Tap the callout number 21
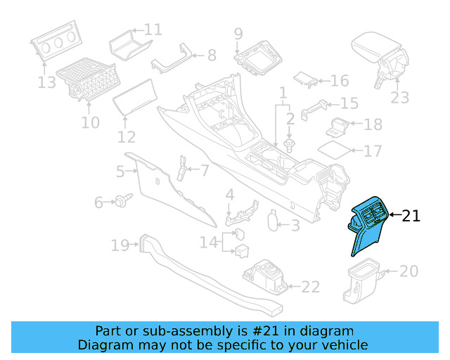click(x=411, y=216)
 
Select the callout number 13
click(x=46, y=83)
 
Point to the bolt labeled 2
click(x=290, y=145)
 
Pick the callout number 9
click(x=238, y=33)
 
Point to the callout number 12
click(x=127, y=137)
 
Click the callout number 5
click(x=120, y=171)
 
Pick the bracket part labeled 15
click(x=317, y=109)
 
